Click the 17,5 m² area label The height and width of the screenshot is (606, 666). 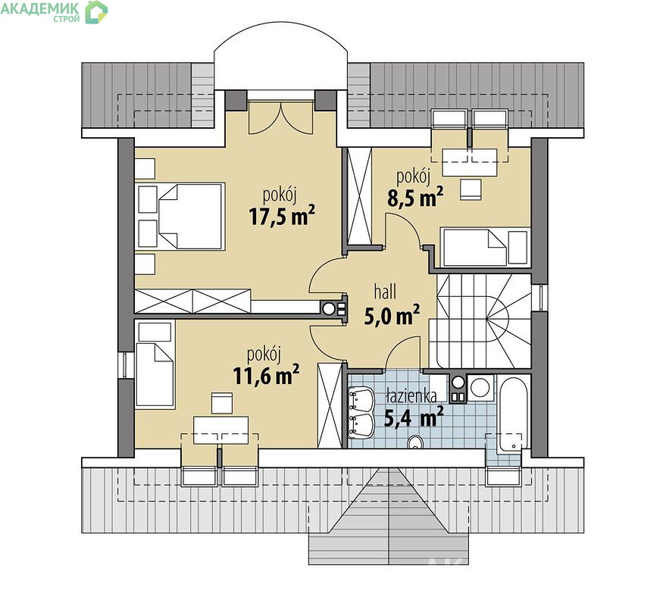click(x=282, y=216)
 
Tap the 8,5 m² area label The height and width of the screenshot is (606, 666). click(x=415, y=198)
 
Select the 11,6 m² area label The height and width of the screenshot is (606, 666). click(x=266, y=375)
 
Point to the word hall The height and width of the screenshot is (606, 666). click(x=385, y=292)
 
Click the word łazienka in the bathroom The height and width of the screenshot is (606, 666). click(x=411, y=395)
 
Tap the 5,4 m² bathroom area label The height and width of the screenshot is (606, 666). click(x=414, y=417)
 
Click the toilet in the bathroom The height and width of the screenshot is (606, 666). click(x=414, y=442)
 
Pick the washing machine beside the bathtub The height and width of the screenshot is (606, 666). click(x=480, y=388)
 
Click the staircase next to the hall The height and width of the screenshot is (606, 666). click(x=480, y=321)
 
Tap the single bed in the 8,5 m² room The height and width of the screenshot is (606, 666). click(x=485, y=247)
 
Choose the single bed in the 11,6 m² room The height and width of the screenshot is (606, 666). click(x=155, y=376)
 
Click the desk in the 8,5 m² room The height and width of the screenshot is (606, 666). click(x=470, y=162)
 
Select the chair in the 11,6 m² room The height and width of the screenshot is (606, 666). click(x=222, y=403)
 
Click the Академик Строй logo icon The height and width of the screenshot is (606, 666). click(x=96, y=12)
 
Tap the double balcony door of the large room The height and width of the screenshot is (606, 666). click(x=281, y=117)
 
